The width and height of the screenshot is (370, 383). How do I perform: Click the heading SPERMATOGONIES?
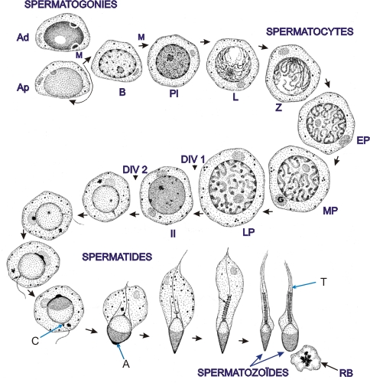click(71, 5)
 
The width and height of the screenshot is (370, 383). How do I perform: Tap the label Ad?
click(23, 38)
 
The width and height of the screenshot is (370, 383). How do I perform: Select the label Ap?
click(23, 87)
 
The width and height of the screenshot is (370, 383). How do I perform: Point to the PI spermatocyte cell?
click(174, 62)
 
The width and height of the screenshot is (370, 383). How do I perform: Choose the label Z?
click(278, 108)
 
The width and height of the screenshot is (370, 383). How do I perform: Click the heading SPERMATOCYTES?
click(310, 31)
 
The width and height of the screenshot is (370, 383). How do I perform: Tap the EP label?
click(363, 140)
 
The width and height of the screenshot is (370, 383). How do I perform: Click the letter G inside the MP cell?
click(281, 200)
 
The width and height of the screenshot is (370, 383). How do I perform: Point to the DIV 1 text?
click(193, 159)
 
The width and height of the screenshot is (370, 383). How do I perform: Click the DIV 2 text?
click(135, 169)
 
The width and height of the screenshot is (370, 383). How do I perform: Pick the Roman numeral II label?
click(173, 234)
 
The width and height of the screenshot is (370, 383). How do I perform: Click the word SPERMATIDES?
click(117, 257)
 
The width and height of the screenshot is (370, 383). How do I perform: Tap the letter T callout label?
click(323, 282)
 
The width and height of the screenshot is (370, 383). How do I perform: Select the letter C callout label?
click(35, 341)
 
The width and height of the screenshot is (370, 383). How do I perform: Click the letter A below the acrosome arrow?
click(126, 364)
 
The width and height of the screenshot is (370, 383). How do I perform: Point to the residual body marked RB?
click(306, 358)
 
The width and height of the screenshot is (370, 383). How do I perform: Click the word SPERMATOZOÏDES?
click(243, 373)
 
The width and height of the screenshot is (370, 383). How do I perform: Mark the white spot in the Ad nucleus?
click(60, 39)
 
